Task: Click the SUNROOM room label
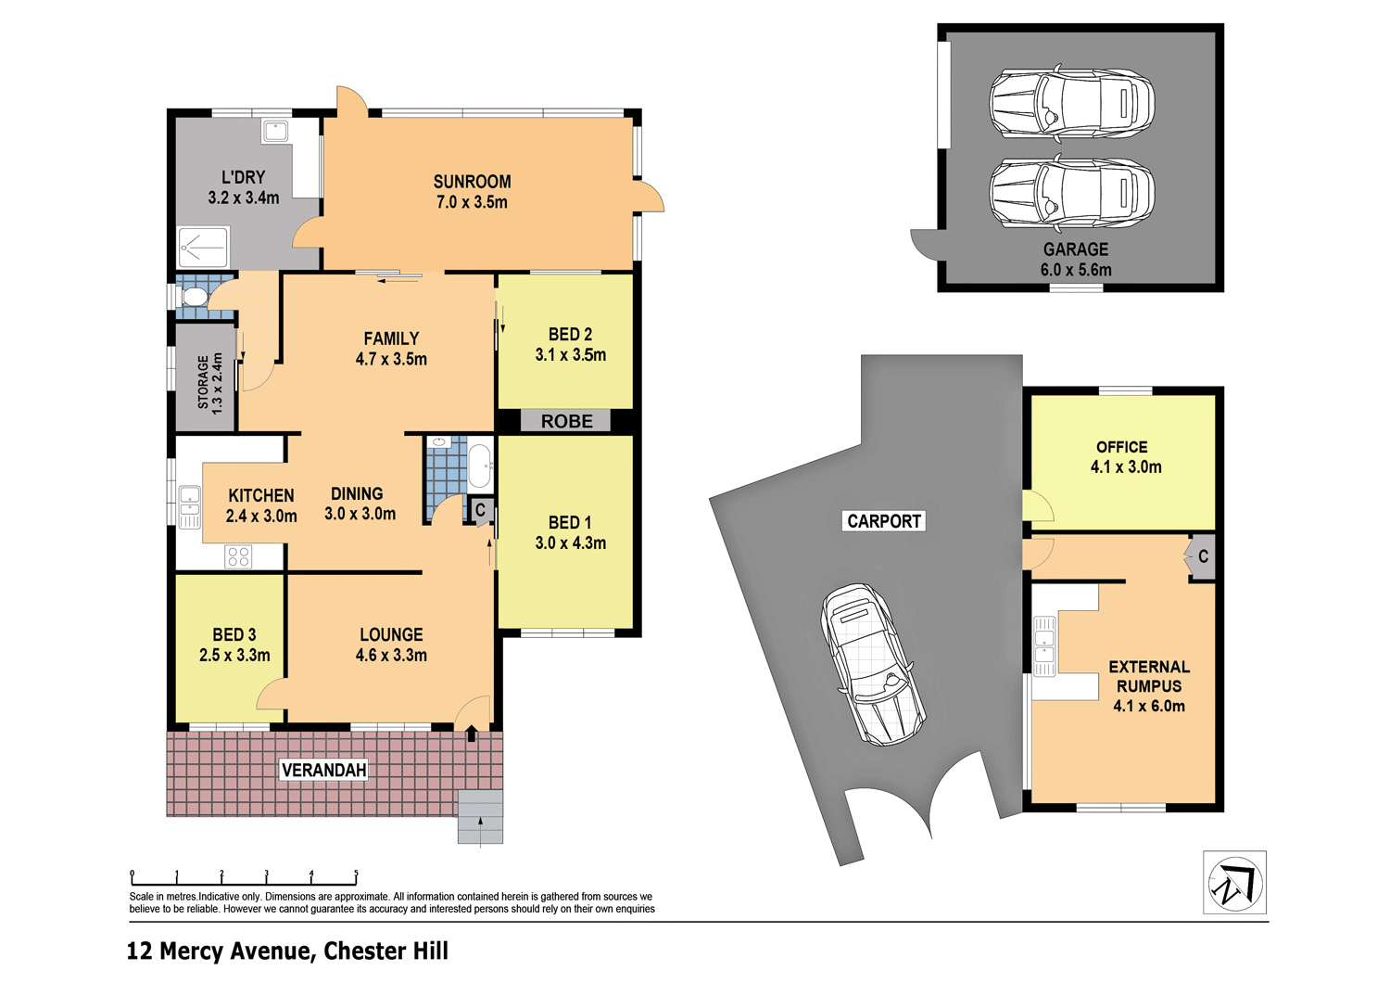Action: pos(473,182)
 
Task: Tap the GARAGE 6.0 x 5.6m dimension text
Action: pos(1076,270)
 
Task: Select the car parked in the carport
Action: pos(873,664)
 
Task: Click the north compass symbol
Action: pos(1235,883)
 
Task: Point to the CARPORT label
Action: pos(884,521)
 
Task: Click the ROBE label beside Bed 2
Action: pos(566,422)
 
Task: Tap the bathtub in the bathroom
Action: pos(480,466)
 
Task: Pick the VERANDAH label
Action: pos(324,771)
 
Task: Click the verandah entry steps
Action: pos(480,817)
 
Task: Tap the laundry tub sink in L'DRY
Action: pos(275,132)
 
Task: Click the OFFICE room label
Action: pos(1122,447)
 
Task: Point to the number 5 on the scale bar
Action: pos(356,873)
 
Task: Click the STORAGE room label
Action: pos(203,382)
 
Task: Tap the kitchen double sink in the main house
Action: pos(190,507)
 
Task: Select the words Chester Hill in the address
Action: pos(386,951)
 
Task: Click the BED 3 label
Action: pos(234,634)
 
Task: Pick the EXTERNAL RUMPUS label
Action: pos(1149,676)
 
